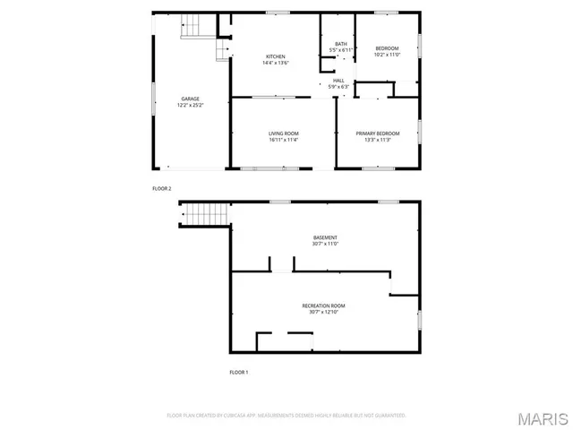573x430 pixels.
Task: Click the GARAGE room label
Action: (191, 99)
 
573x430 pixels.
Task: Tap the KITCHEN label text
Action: (275, 56)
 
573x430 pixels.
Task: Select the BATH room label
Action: (340, 44)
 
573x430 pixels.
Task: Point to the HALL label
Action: (338, 80)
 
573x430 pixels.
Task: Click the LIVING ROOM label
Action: (283, 133)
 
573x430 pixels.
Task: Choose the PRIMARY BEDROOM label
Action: (377, 133)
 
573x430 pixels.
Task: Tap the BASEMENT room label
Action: (325, 237)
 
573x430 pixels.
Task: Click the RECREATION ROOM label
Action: (325, 305)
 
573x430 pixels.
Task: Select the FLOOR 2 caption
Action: (161, 189)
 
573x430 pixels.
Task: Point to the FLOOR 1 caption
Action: (238, 371)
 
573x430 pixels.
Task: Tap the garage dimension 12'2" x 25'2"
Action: (191, 105)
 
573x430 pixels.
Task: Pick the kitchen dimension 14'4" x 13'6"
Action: (275, 63)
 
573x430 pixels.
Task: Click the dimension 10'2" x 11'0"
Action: (387, 55)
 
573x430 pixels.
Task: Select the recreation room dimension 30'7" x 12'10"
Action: (325, 312)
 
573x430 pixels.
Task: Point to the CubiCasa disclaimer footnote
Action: (286, 415)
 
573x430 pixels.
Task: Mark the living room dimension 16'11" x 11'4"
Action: (283, 140)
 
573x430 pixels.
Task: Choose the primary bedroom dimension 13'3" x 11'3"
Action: (377, 140)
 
